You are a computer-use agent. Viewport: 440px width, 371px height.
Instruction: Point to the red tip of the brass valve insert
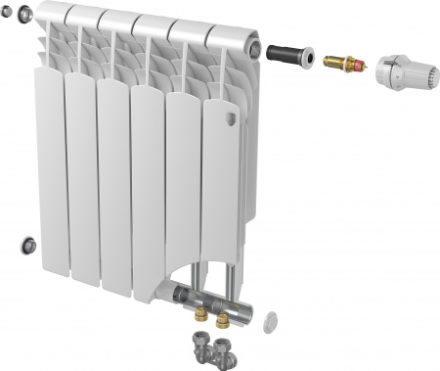coord(363,67)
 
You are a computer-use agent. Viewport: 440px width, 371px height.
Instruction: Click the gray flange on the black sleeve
coord(309,58)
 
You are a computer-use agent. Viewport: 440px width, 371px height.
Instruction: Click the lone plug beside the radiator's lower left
coord(30,242)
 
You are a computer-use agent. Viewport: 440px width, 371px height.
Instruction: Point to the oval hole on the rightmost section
coord(232,118)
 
